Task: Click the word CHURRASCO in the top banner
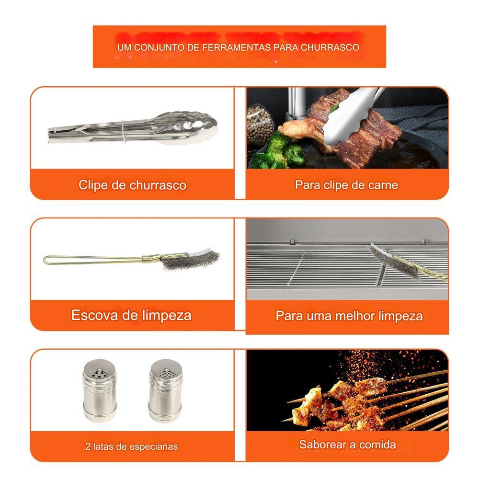(330, 47)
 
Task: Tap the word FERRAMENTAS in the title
(236, 47)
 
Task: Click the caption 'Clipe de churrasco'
(132, 185)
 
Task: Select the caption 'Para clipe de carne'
(346, 185)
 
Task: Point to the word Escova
(95, 315)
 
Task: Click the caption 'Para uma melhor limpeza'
(349, 316)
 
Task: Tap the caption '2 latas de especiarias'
(131, 446)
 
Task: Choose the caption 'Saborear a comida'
(348, 445)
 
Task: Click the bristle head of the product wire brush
(191, 259)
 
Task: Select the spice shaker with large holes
(100, 390)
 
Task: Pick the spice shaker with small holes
(165, 390)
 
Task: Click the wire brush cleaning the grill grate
(406, 262)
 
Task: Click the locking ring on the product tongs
(123, 131)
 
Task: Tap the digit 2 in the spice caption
(88, 446)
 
